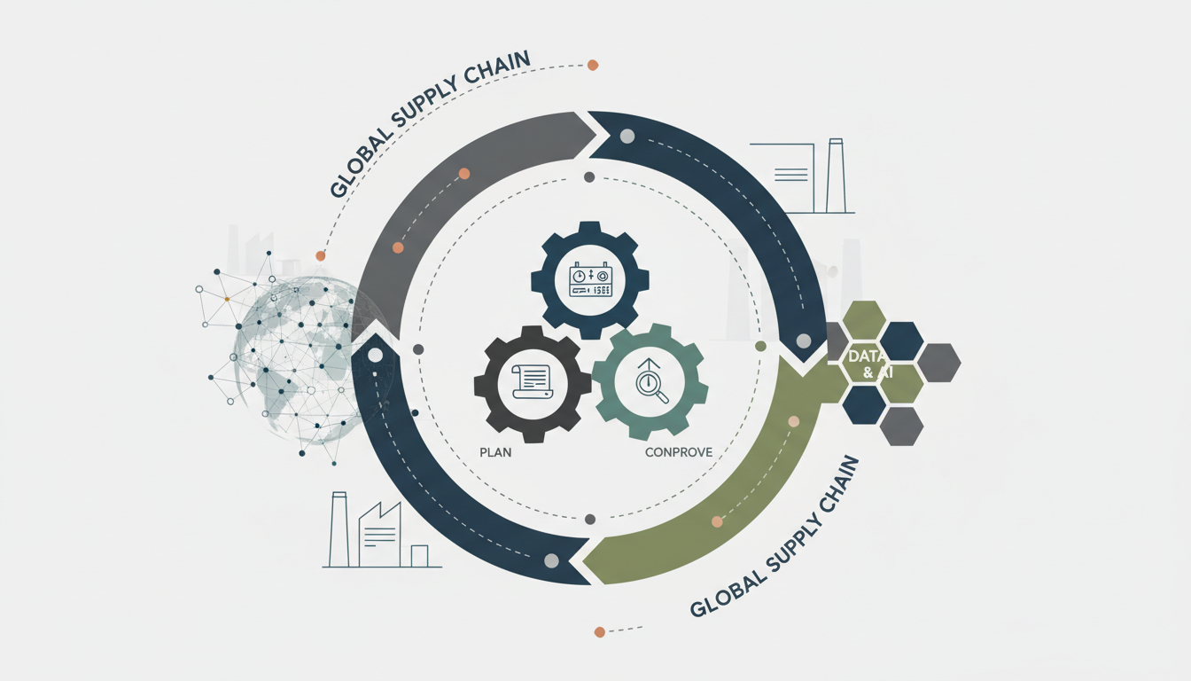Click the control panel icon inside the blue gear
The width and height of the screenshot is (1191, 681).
click(590, 279)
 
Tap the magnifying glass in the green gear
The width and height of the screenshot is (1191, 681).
click(654, 387)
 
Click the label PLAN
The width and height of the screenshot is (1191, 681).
click(495, 451)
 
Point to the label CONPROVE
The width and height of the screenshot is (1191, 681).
click(679, 452)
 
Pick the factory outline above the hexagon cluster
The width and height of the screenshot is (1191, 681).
click(803, 176)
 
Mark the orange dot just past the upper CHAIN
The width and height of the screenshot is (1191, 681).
click(593, 65)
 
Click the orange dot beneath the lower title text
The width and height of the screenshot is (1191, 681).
click(600, 632)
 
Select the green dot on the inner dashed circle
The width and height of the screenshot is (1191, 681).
click(759, 346)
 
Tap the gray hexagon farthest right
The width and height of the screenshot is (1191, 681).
click(938, 363)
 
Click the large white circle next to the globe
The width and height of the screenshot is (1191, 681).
click(375, 355)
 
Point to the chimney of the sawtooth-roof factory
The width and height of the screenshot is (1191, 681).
click(338, 528)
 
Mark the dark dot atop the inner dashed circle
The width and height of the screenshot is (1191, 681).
click(589, 177)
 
